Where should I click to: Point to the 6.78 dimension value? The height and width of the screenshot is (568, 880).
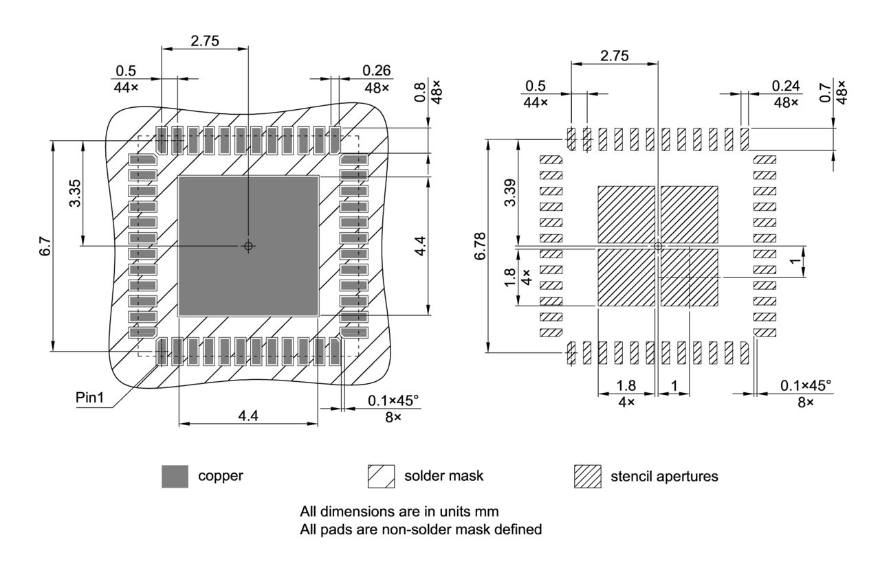pyautogui.click(x=479, y=245)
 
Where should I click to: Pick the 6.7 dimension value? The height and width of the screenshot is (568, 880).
pyautogui.click(x=44, y=245)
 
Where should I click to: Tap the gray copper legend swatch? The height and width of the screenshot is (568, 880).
pyautogui.click(x=175, y=476)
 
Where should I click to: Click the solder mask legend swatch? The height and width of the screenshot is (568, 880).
pyautogui.click(x=382, y=476)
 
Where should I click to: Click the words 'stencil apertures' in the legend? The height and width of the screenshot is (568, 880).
pyautogui.click(x=664, y=476)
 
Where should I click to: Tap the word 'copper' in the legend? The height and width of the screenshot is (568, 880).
pyautogui.click(x=220, y=476)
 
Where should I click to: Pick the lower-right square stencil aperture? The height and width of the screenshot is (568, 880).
pyautogui.click(x=689, y=277)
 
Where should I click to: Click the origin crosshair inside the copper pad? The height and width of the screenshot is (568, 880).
pyautogui.click(x=249, y=246)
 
